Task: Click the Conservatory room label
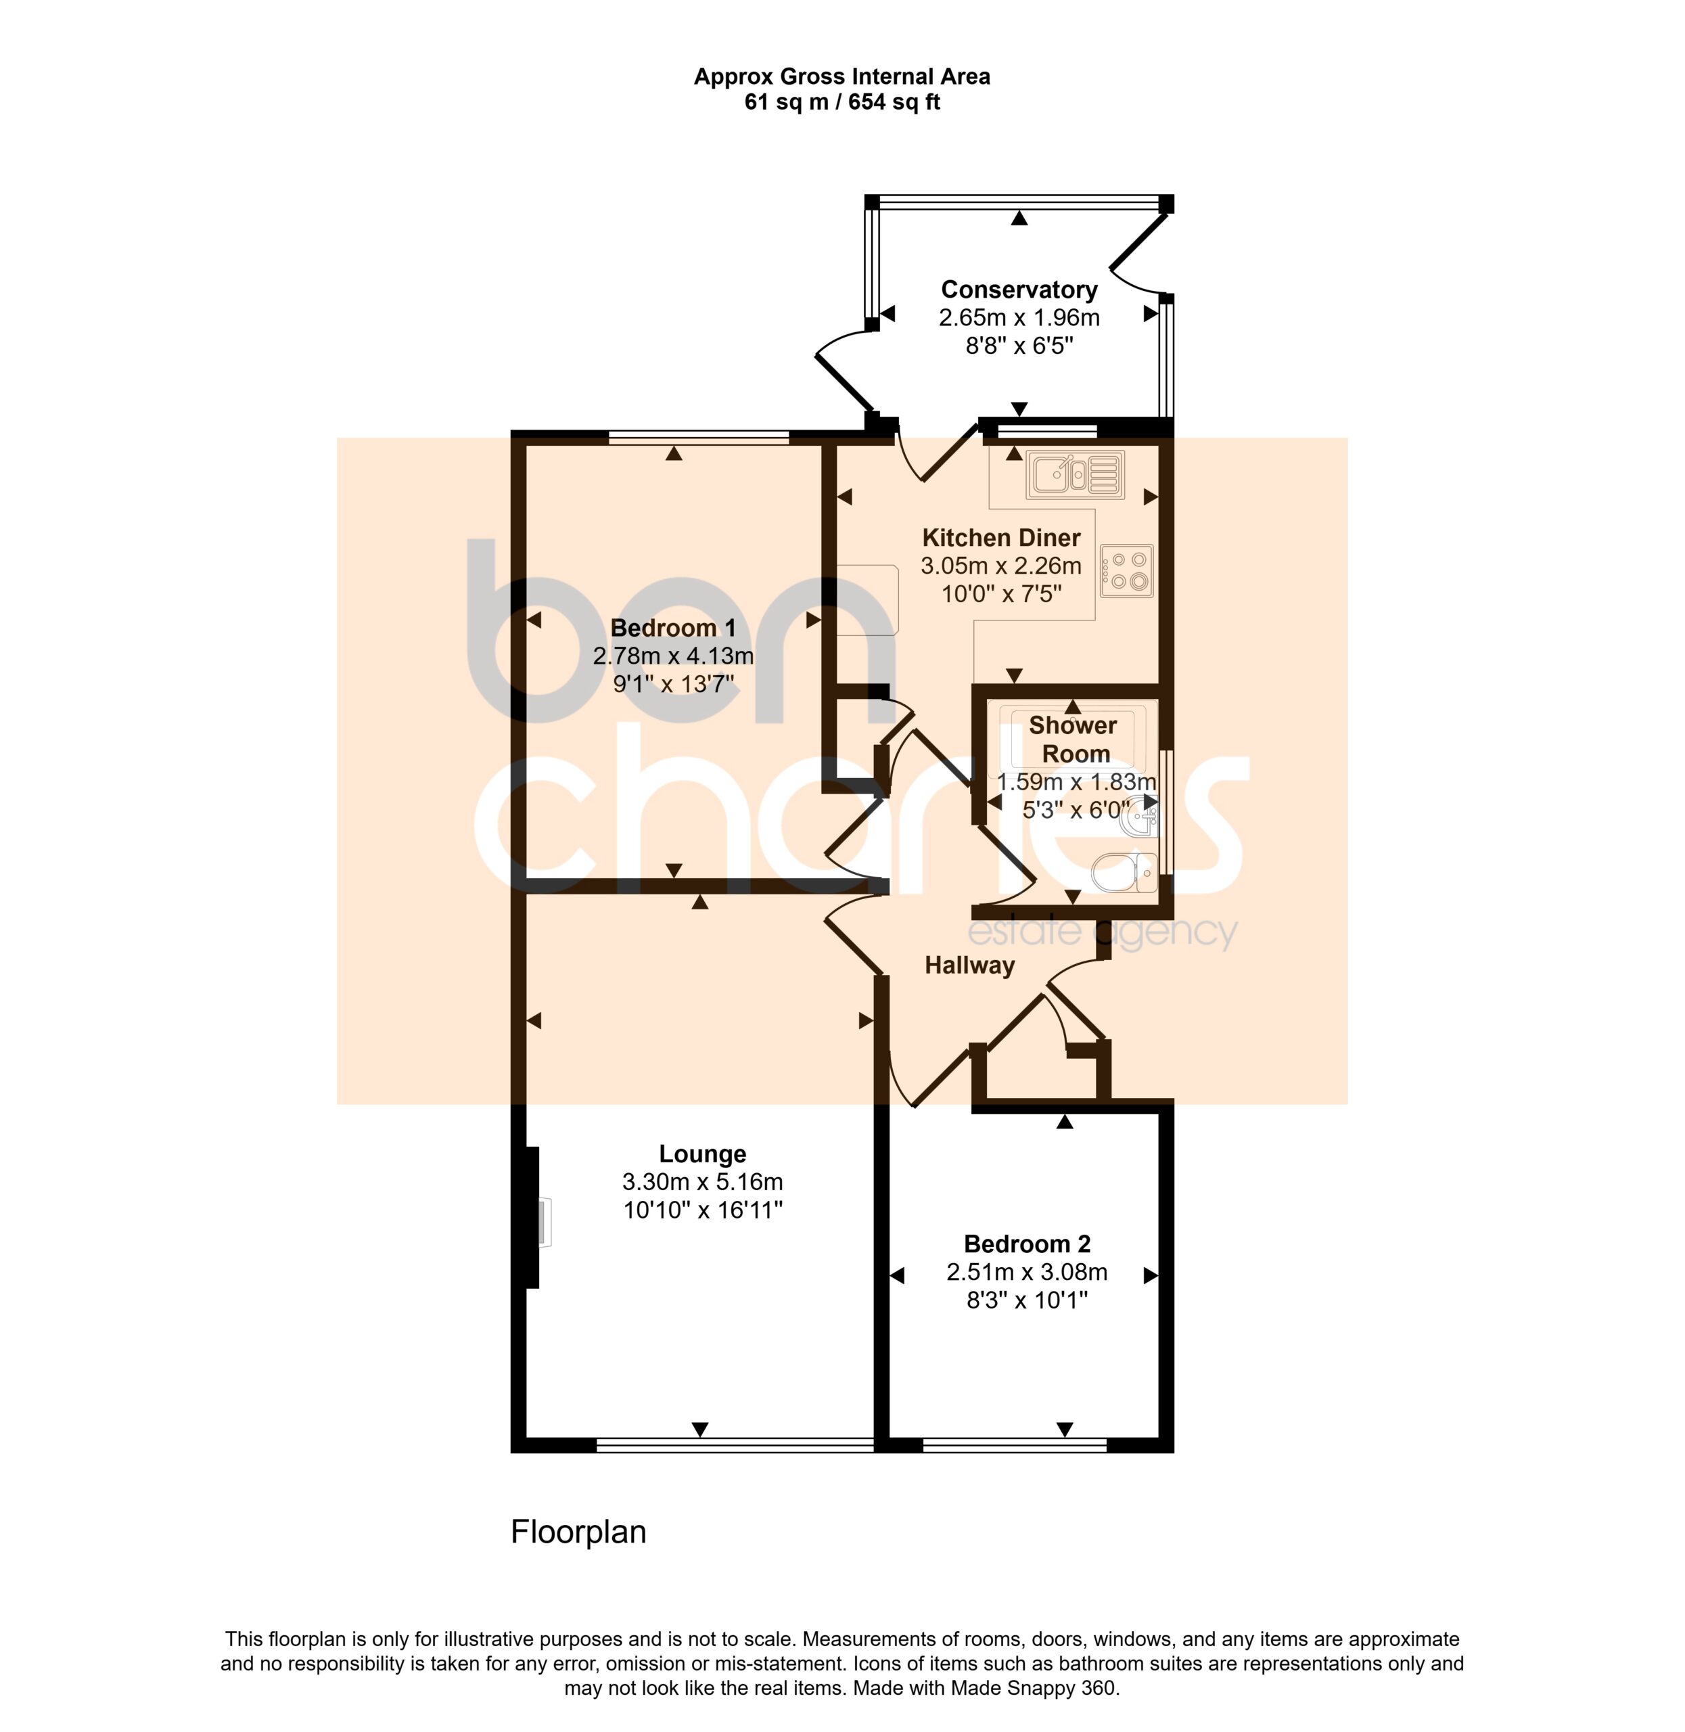(1019, 290)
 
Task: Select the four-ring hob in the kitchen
(1126, 571)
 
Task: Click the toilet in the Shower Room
(1124, 872)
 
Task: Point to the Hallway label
(969, 965)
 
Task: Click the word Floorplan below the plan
(578, 1531)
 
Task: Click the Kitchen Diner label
(1001, 537)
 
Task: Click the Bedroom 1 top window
(698, 436)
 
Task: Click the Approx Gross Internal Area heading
(841, 77)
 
